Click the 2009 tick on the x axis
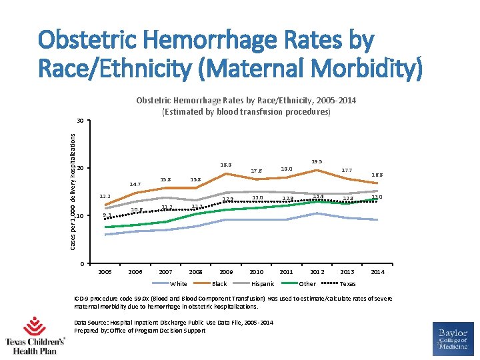click(x=226, y=272)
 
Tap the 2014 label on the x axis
click(x=377, y=272)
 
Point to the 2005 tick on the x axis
click(x=105, y=272)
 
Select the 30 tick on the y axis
click(x=80, y=121)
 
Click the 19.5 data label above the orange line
click(x=317, y=161)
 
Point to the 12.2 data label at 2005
click(x=105, y=196)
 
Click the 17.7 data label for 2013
click(x=347, y=170)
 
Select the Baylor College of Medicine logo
click(x=453, y=339)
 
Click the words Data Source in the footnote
click(x=91, y=323)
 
